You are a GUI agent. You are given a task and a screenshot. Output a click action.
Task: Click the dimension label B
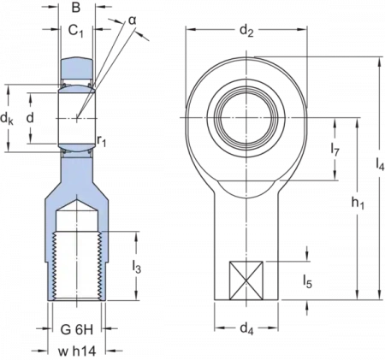76,8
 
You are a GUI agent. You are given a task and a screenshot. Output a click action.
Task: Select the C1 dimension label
76,30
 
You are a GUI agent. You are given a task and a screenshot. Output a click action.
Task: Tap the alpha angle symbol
132,21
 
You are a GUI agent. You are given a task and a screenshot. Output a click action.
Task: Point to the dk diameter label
7,118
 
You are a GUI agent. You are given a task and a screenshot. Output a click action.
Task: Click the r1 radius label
101,140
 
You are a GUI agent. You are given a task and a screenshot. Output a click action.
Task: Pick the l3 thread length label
137,267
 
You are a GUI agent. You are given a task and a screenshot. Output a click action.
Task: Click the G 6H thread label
77,330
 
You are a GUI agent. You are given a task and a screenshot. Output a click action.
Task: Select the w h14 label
77,351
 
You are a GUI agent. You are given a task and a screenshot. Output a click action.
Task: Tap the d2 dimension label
246,30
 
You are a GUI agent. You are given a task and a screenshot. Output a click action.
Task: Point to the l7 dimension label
335,149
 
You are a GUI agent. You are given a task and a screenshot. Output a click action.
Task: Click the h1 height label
358,204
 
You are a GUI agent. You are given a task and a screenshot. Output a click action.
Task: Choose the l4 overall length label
380,164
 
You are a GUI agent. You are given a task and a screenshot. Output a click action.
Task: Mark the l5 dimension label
307,281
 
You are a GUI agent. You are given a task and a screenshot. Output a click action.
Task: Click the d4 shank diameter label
246,328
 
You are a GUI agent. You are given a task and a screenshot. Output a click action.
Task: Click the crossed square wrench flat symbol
246,280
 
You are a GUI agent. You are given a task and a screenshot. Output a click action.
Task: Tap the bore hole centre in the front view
246,117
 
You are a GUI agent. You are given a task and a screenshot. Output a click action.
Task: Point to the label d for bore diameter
30,117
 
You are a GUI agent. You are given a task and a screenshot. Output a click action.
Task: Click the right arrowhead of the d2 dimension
302,29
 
